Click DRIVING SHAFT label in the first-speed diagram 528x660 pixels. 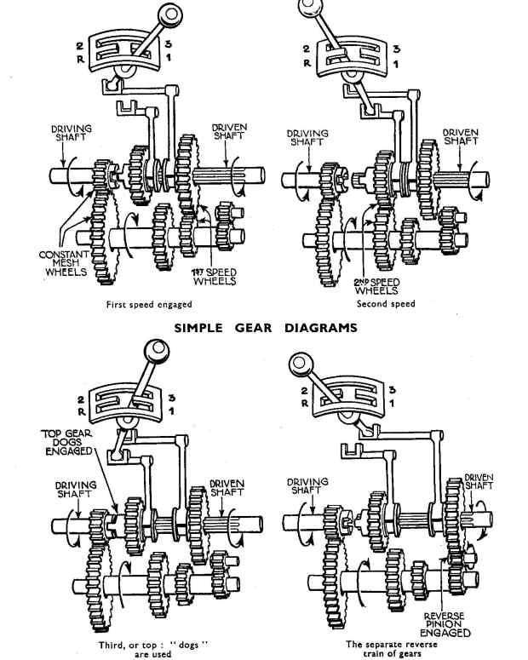[72, 134]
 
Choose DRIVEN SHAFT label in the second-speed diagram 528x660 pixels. [460, 136]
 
